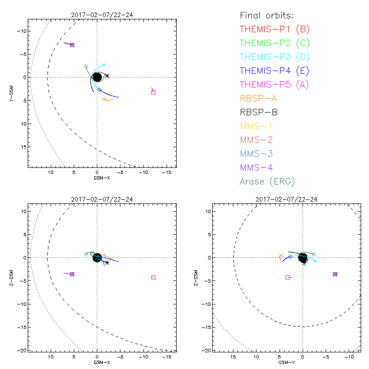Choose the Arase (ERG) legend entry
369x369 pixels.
(267, 181)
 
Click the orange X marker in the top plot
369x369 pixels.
(104, 99)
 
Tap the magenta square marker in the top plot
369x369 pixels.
(153, 92)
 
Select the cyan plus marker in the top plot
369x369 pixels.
(104, 65)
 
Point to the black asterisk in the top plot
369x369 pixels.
(107, 76)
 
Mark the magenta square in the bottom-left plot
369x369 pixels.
(153, 277)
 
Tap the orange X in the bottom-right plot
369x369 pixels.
(280, 255)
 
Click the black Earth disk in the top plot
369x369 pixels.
(97, 77)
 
